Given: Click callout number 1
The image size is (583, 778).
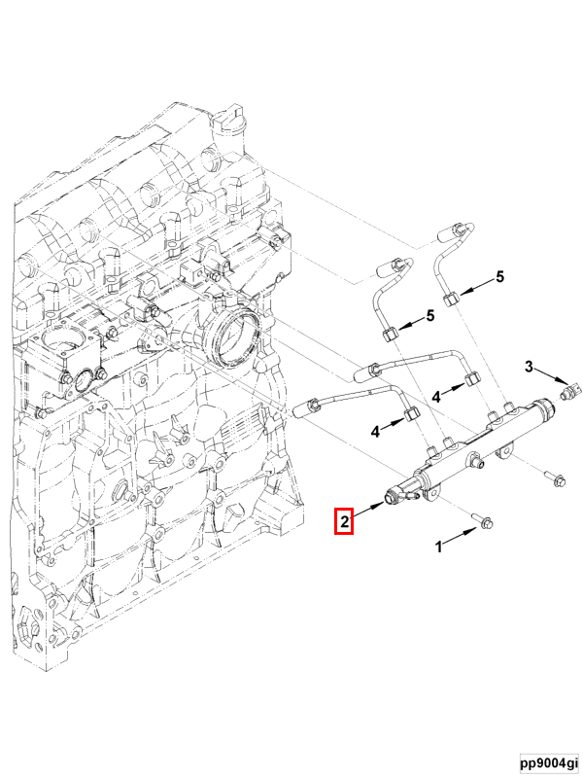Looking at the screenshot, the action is click(x=438, y=547).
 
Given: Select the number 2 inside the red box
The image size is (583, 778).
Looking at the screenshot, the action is click(x=344, y=521).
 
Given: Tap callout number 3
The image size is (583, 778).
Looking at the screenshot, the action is click(x=529, y=367).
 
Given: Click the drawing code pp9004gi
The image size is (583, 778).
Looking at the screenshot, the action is click(x=549, y=761).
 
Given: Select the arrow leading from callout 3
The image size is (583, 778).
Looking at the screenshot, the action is click(x=551, y=375).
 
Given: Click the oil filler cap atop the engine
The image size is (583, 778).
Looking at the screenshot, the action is click(x=226, y=116).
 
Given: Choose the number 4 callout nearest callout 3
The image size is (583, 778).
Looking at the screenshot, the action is click(x=436, y=397).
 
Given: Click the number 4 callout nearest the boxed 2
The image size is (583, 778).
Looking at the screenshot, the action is click(x=375, y=432).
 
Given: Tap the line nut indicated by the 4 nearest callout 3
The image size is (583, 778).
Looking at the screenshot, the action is click(x=473, y=378).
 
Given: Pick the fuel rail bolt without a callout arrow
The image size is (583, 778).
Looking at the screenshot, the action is click(x=554, y=478).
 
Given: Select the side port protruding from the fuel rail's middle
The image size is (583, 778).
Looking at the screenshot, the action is click(x=477, y=464).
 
